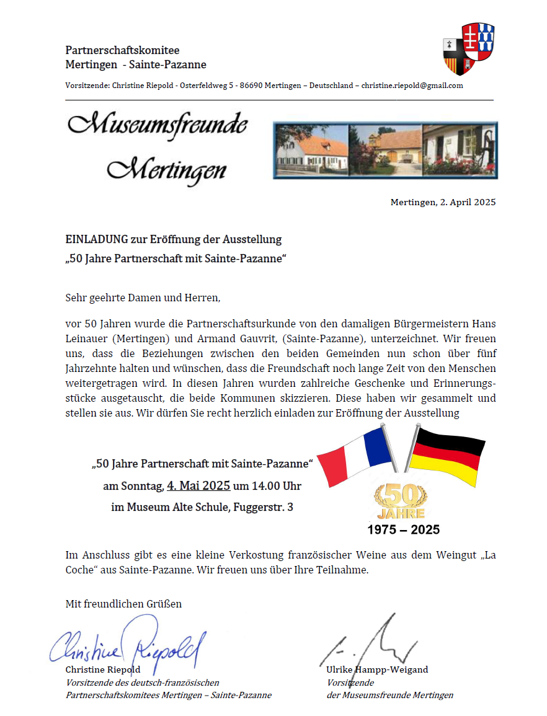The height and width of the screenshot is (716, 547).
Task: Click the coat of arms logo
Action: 468,49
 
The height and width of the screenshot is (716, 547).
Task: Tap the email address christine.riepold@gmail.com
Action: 412,86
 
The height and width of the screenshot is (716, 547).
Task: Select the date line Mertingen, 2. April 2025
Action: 443,203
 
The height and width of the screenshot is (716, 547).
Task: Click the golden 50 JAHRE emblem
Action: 399,501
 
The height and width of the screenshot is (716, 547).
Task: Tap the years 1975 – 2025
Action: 403,530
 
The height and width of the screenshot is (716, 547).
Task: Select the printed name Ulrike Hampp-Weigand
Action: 377,670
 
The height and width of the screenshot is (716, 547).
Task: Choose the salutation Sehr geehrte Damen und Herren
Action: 143,298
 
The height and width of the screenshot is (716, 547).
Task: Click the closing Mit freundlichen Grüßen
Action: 123,604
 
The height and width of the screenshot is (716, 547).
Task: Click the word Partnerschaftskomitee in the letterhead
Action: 122,50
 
